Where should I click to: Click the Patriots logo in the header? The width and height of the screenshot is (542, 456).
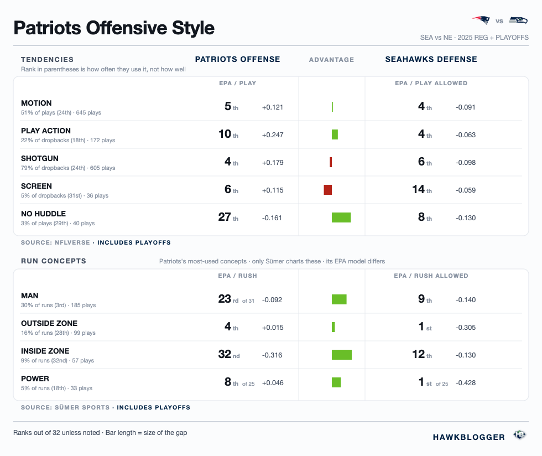(481, 20)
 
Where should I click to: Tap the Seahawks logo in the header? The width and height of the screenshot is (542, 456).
(518, 20)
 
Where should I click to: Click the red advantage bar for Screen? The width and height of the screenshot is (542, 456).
(327, 190)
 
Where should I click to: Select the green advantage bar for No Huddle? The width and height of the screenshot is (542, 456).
(341, 217)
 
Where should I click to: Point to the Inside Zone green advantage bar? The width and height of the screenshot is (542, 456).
(342, 355)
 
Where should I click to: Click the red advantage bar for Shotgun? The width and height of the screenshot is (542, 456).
(331, 162)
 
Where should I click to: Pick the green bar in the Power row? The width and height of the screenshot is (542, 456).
(336, 382)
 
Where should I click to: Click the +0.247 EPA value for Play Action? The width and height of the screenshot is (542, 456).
(273, 135)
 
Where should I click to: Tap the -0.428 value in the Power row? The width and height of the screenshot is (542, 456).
(466, 383)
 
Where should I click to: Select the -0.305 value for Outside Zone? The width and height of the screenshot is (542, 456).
(466, 328)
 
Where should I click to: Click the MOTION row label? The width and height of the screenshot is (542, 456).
(37, 103)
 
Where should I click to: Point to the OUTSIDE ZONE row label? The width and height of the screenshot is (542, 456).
(49, 324)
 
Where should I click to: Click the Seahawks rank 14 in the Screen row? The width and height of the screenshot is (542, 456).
(418, 189)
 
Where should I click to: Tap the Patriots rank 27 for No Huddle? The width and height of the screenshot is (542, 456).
(225, 217)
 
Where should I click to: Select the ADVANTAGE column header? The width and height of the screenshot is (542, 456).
(331, 60)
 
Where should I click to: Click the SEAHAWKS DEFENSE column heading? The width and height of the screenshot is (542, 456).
(431, 60)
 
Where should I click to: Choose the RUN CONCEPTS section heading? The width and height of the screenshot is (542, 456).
(54, 261)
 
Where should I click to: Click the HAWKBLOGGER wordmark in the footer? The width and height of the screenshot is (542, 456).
(469, 437)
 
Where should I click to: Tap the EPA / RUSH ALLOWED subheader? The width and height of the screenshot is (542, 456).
(431, 276)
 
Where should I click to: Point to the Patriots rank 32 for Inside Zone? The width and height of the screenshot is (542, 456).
(225, 354)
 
